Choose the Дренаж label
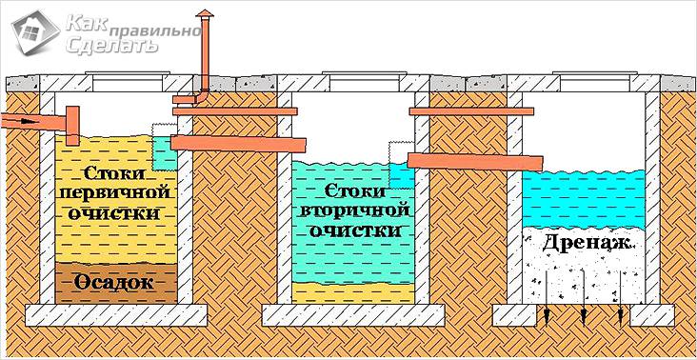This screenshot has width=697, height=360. point(585,243)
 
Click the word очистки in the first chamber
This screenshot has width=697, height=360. point(117,213)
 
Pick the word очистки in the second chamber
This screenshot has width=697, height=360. point(353,231)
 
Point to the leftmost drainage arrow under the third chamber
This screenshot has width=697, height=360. point(546,315)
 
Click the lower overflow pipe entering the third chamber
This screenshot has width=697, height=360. point(467,161)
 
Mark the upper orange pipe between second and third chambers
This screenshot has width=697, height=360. point(468,112)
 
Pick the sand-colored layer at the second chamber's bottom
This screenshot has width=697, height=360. point(352,290)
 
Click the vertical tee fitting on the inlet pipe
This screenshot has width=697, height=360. point(71,122)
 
